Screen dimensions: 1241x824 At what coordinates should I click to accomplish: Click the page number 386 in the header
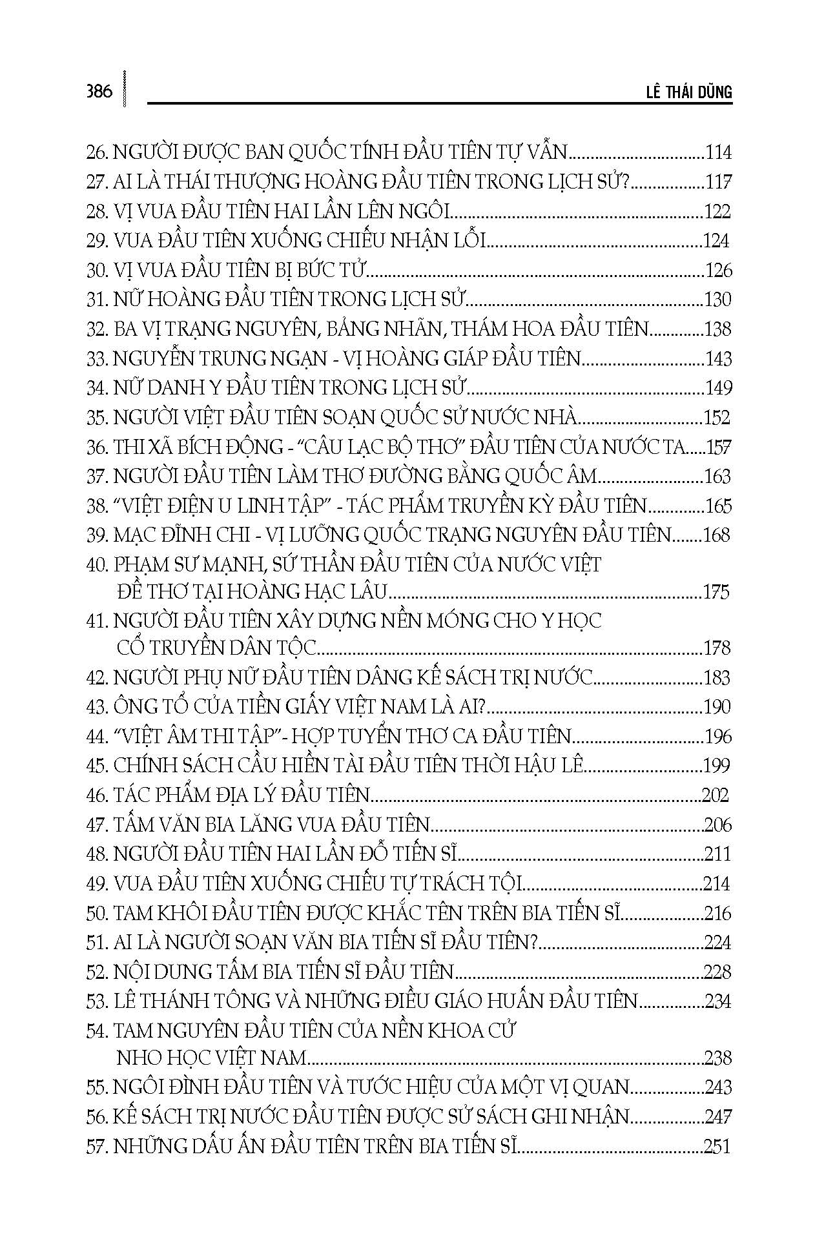click(x=99, y=91)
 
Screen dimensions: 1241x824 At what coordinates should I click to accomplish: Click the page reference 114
click(x=718, y=153)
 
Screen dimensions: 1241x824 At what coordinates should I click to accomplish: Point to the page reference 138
click(x=717, y=329)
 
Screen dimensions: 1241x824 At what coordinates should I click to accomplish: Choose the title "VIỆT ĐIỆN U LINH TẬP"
click(x=214, y=506)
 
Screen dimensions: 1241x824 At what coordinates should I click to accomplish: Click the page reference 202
click(x=715, y=795)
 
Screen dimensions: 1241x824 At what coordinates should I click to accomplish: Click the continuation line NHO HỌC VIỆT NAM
click(x=211, y=1058)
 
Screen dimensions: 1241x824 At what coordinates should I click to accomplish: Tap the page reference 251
click(x=717, y=1147)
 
